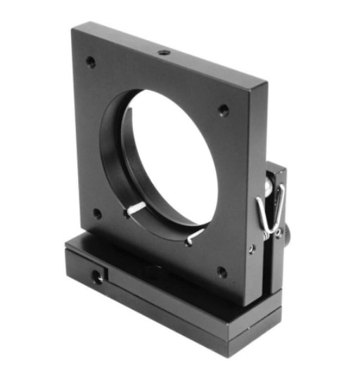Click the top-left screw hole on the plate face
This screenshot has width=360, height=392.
tap(91, 62)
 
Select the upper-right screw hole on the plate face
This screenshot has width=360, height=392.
tap(223, 110)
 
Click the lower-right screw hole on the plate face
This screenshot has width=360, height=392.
tap(222, 271)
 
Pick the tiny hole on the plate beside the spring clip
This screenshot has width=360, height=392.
tap(251, 248)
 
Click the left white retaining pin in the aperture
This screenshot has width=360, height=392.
tap(136, 208)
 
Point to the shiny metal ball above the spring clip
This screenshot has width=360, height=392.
tap(268, 184)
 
